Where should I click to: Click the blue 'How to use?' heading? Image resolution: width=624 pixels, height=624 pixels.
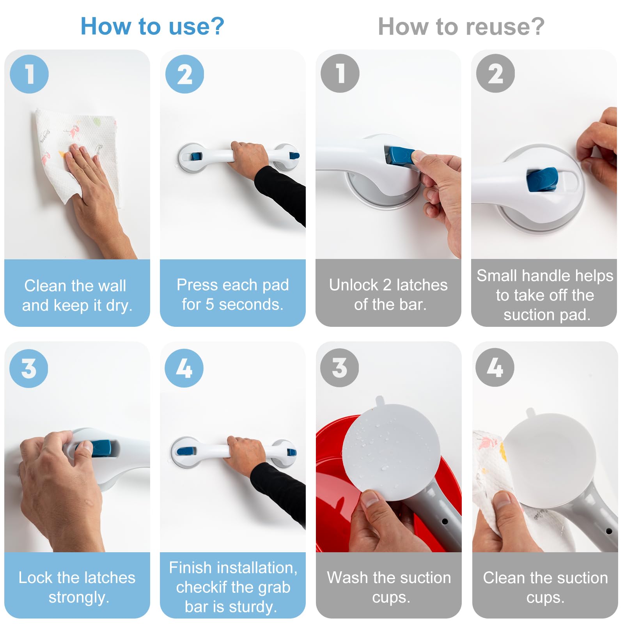pyautogui.click(x=152, y=27)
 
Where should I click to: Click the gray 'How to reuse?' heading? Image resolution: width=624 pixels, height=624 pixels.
pyautogui.click(x=461, y=27)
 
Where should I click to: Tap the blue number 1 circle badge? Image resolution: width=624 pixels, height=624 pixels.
pyautogui.click(x=29, y=74)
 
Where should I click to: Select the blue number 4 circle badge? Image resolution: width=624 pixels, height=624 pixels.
pyautogui.click(x=184, y=368)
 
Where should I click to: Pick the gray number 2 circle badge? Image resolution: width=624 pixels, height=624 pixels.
pyautogui.click(x=495, y=73)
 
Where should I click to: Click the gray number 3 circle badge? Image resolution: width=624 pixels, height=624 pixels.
pyautogui.click(x=339, y=367)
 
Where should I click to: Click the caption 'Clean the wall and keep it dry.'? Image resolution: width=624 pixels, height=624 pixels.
pyautogui.click(x=77, y=296)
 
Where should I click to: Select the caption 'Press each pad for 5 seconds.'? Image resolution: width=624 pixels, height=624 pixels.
pyautogui.click(x=233, y=294)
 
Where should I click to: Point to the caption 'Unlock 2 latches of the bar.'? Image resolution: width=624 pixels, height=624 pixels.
pyautogui.click(x=388, y=294)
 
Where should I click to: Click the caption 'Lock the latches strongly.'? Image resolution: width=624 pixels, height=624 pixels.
pyautogui.click(x=77, y=587)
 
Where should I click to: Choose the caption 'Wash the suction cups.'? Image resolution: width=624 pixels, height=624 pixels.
pyautogui.click(x=389, y=587)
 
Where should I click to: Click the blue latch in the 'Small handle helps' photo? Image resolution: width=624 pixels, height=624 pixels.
pyautogui.click(x=542, y=179)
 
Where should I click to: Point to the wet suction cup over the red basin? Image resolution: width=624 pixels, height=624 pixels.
pyautogui.click(x=391, y=452)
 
